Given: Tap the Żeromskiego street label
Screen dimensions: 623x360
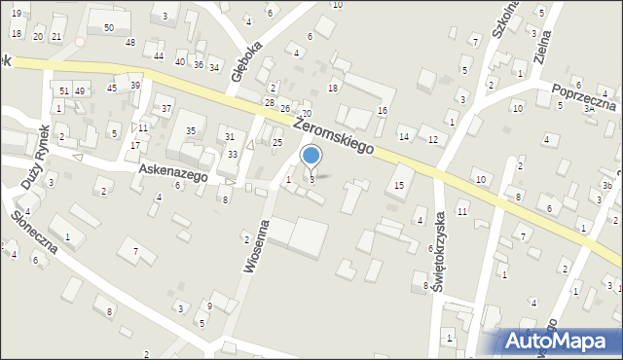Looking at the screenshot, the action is click(334, 134).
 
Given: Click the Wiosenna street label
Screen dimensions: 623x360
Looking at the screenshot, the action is click(255, 247).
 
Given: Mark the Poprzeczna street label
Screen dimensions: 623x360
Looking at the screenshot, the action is click(583, 98).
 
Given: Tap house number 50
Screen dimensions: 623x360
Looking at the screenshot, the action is click(108, 27).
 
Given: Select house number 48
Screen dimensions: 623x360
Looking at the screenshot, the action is click(129, 43).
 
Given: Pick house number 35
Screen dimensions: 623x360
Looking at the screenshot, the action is click(191, 130).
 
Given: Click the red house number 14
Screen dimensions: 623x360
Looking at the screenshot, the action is click(404, 135).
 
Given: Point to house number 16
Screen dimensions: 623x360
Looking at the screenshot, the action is click(383, 110).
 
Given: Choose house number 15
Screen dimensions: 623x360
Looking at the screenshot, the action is click(399, 185).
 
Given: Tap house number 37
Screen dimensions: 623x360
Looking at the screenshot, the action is click(166, 108).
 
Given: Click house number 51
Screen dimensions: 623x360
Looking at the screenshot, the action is click(63, 90).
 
